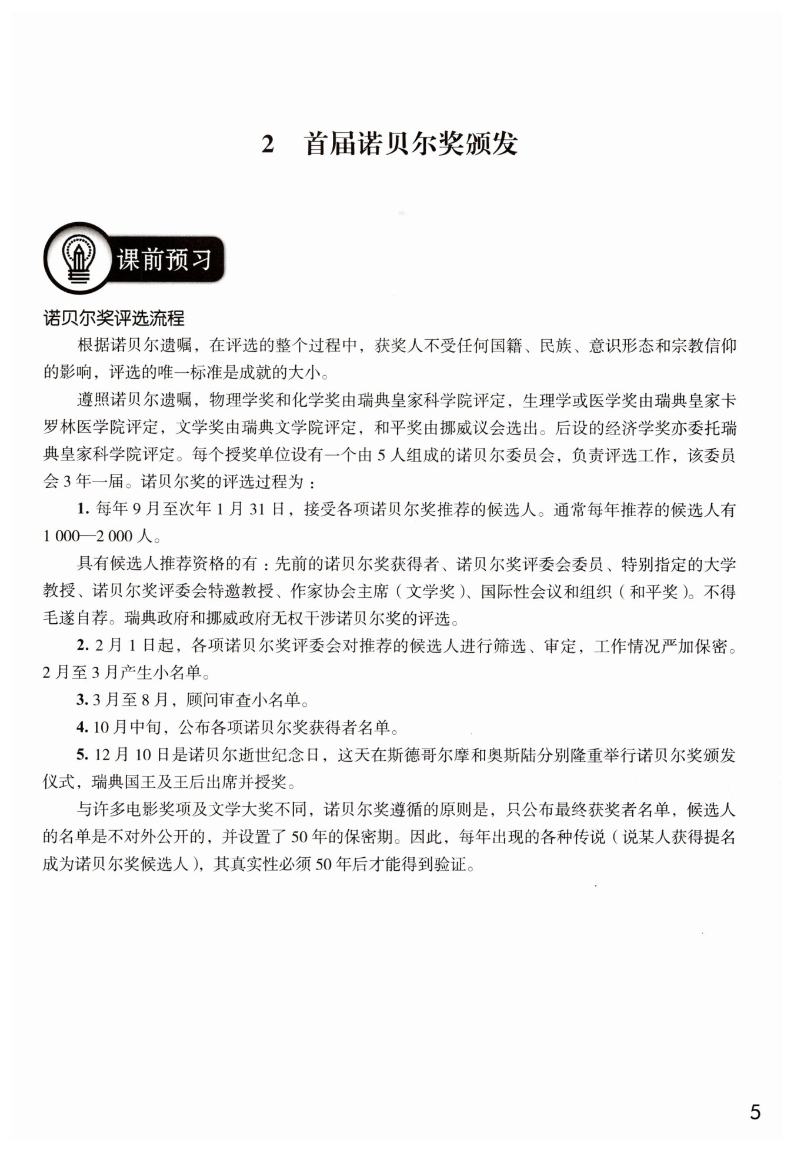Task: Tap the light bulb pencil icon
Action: click(78, 258)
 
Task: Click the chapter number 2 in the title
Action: click(268, 145)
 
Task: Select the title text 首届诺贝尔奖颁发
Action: click(411, 145)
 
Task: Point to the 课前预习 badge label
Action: click(165, 259)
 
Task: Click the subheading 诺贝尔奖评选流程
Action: click(114, 318)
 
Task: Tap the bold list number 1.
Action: click(82, 509)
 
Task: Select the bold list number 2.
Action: click(82, 646)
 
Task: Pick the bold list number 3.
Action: click(82, 700)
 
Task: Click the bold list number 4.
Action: click(82, 727)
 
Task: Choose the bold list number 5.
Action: click(82, 755)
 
